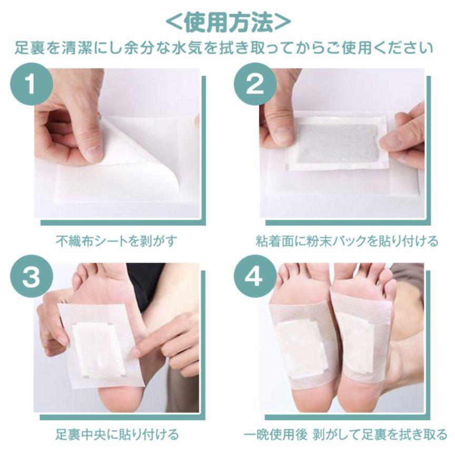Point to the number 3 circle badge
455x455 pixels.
click(32, 276)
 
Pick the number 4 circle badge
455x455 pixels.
click(254, 276)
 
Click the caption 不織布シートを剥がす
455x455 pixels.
click(117, 241)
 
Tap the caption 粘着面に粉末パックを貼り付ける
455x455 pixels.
click(347, 241)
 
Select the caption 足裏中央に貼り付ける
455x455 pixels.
click(117, 434)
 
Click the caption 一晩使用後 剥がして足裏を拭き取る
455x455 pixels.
click(345, 434)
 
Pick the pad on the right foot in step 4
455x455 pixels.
click(355, 342)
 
